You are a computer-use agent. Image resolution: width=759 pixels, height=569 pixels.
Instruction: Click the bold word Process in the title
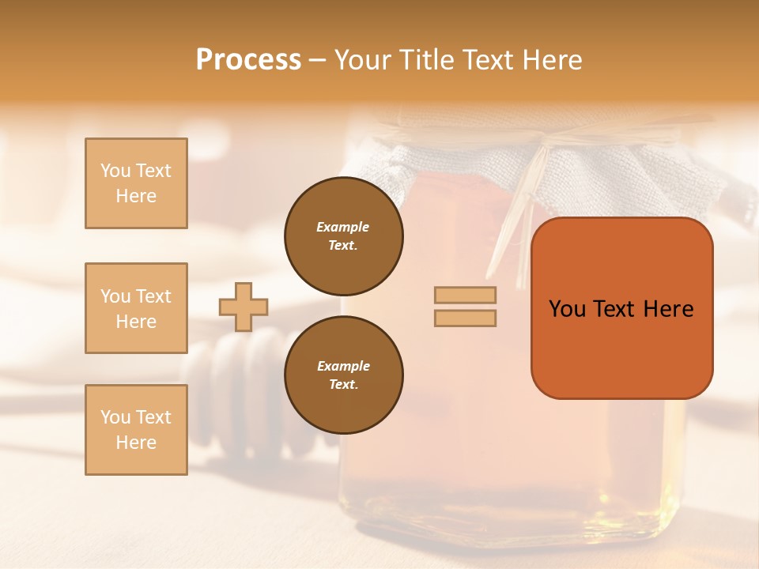point(248,60)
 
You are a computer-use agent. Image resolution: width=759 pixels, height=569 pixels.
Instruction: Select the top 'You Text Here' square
point(136,183)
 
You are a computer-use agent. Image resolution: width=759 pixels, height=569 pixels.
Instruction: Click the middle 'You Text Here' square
point(136,308)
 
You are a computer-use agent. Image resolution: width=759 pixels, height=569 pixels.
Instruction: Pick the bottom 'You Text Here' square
point(136,430)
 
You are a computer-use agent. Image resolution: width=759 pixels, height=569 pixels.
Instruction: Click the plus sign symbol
point(244,307)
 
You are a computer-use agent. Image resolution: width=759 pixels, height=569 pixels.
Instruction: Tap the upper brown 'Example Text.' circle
point(343,236)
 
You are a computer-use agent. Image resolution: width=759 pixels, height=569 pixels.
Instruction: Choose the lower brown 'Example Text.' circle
point(343,375)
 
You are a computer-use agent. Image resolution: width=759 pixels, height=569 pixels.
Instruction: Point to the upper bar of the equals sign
point(465,296)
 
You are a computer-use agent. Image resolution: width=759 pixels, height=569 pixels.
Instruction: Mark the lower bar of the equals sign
point(465,318)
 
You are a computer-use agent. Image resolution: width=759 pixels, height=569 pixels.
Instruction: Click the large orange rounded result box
point(621,348)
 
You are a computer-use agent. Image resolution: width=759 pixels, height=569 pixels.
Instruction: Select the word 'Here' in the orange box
point(668,309)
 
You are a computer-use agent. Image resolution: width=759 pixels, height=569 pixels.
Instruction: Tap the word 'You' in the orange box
point(567,309)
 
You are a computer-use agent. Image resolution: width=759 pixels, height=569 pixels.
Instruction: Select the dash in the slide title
point(318,60)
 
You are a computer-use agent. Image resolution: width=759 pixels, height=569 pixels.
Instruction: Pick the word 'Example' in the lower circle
point(343,366)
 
